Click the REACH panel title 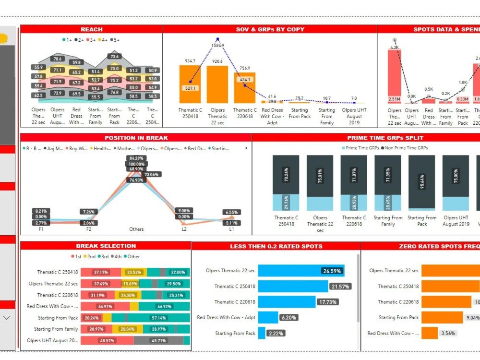(x=91, y=29)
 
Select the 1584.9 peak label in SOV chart (x=217, y=46)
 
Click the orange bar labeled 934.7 (x=190, y=84)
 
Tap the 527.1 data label (x=190, y=88)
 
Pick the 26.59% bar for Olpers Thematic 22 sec (x=301, y=271)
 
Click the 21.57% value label (x=340, y=287)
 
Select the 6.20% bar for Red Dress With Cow (x=268, y=317)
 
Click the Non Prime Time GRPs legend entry (x=404, y=148)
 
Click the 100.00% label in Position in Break (x=136, y=164)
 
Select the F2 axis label (x=89, y=229)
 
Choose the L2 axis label (x=184, y=229)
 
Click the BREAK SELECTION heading (x=106, y=246)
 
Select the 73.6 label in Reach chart (x=114, y=57)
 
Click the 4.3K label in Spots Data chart (x=395, y=48)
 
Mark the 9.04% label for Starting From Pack (x=472, y=317)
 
